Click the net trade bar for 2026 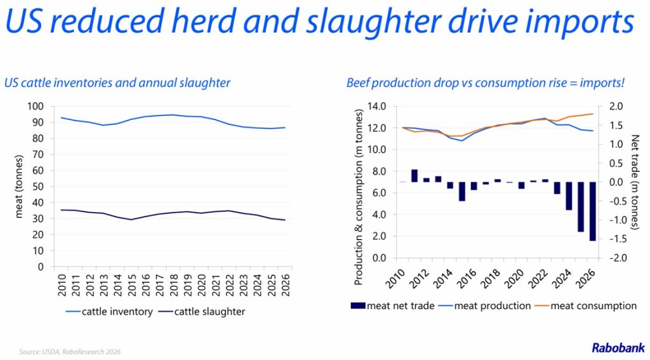[592, 211]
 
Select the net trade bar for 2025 [580, 206]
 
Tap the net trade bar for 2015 [462, 191]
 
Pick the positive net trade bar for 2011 [414, 175]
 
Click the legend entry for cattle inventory [109, 312]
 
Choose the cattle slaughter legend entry [202, 312]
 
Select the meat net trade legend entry [392, 305]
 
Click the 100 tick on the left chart [36, 106]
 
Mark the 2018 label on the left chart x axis [174, 285]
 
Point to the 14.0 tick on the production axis [377, 106]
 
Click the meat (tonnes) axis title [18, 186]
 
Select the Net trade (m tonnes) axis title [635, 182]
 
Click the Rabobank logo [618, 347]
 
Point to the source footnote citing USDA [70, 352]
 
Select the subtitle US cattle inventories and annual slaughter [117, 83]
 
